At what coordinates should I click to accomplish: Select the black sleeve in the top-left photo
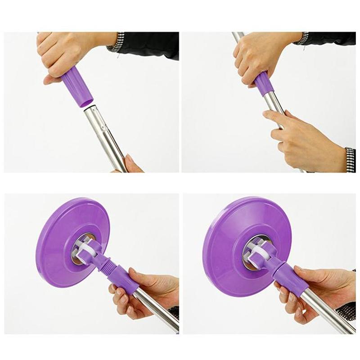point(148,45)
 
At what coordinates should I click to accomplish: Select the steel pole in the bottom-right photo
point(324,315)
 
